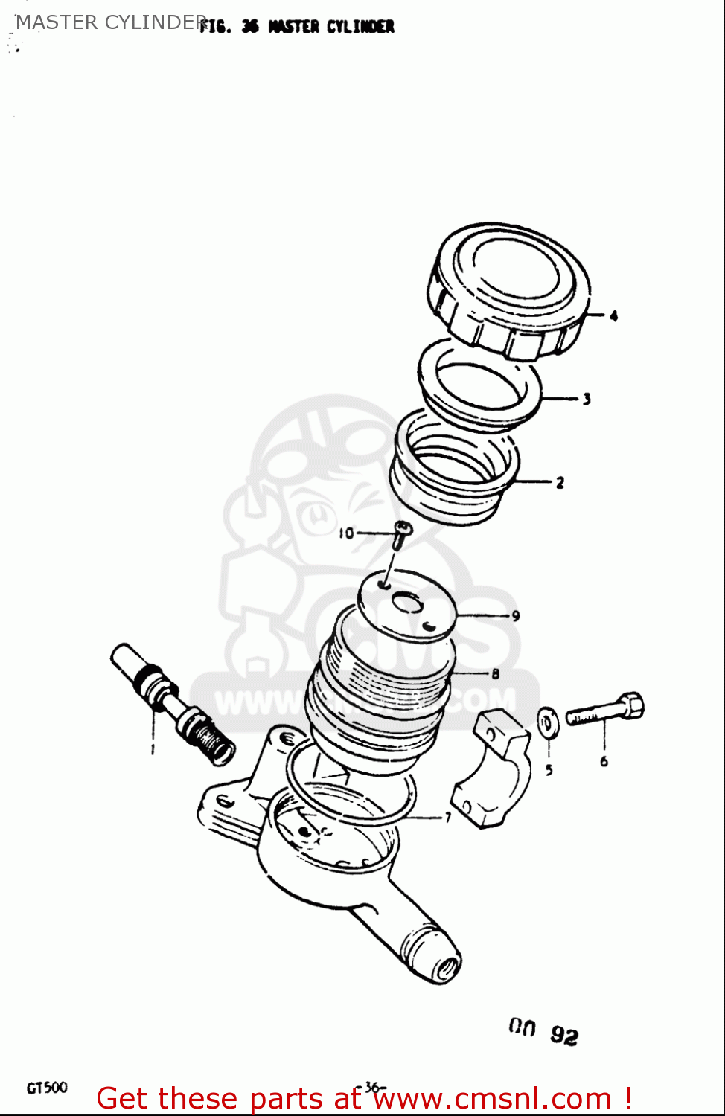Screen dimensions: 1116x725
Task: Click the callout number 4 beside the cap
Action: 613,315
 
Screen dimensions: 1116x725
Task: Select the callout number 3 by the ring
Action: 587,399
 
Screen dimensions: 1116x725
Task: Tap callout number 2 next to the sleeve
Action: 560,483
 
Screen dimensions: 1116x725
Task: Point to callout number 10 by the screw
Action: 346,533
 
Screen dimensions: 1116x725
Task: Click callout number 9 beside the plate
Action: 515,616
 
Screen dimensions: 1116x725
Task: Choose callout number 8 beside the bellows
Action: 495,674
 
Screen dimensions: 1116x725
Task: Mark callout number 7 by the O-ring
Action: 447,818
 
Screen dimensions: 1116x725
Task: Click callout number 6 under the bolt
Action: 604,761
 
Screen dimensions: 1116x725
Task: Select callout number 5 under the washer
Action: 549,770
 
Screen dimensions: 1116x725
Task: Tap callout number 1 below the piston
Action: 153,748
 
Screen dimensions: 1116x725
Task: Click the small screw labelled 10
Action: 401,534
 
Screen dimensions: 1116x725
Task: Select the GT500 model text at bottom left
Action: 47,1088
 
